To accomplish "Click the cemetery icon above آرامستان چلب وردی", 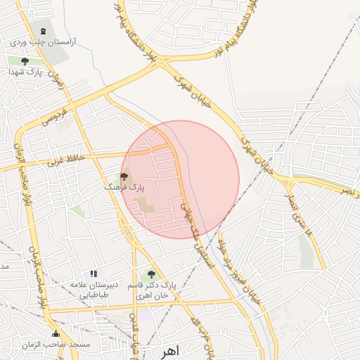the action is tap(44, 32).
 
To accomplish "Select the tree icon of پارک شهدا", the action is tap(25, 62).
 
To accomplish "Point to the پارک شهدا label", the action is tap(26, 72).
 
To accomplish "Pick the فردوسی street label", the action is tap(54, 117).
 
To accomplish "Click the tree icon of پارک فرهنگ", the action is tap(124, 176).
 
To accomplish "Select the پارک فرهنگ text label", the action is tap(124, 188).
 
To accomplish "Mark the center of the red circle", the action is tap(180, 180).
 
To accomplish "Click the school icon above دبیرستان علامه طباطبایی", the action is tap(93, 274).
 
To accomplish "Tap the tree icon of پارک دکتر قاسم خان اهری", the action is tap(150, 274).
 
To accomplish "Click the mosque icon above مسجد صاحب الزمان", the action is tap(56, 333).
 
